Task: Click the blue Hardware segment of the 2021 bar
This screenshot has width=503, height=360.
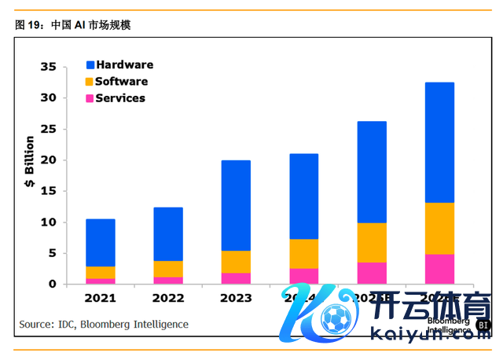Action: pos(101,242)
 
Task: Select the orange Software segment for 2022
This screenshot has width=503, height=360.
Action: pos(168,269)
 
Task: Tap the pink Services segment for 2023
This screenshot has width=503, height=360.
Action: pos(236,278)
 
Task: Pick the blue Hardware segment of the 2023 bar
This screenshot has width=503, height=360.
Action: pos(236,205)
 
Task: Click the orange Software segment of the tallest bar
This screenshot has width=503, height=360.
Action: pos(439,228)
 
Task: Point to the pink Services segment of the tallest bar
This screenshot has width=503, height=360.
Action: pos(439,269)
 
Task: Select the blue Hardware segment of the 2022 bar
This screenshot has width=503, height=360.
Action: pos(168,233)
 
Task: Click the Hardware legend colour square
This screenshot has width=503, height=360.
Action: pos(90,65)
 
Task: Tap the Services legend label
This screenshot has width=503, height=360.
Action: pos(120,98)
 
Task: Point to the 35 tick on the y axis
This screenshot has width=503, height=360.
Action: pos(48,68)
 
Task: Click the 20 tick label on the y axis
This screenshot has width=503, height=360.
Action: pos(48,160)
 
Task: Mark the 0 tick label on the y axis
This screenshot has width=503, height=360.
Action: pos(52,284)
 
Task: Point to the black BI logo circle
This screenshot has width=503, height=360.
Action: pos(483,325)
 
